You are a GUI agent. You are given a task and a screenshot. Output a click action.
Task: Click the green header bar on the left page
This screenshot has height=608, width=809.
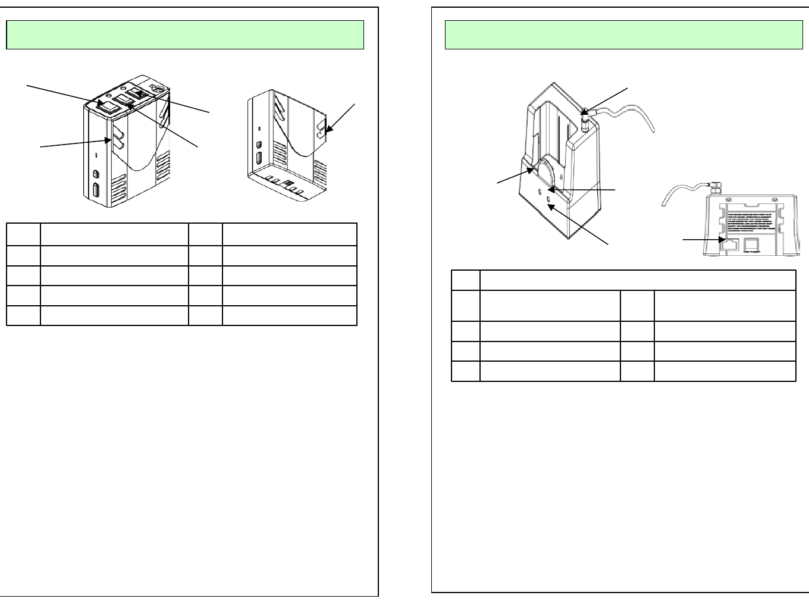coord(184,35)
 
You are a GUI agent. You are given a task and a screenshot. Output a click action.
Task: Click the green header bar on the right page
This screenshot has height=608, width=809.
coord(623,35)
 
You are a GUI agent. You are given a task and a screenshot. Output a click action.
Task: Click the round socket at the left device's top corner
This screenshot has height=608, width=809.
coord(158,88)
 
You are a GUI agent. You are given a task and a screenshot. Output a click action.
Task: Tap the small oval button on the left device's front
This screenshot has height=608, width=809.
coord(96,174)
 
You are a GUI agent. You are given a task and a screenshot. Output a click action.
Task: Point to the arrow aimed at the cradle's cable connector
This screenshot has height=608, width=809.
coord(606,99)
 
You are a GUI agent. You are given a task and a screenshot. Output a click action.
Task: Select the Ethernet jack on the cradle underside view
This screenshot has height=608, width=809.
coord(729,243)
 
